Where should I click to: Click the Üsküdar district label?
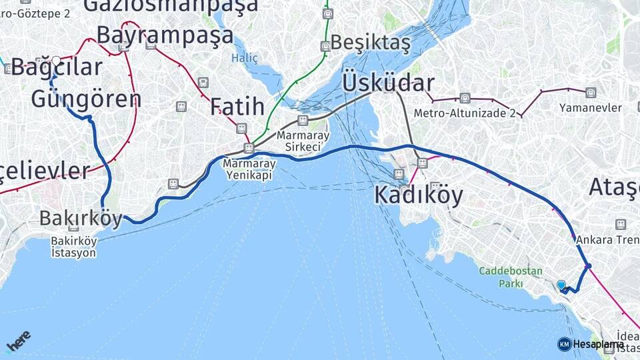388,83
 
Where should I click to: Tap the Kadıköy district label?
418,195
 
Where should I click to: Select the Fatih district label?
237,107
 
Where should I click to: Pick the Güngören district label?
86,99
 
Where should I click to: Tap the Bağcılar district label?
57,67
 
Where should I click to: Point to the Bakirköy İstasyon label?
73,247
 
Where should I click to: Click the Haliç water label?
244,58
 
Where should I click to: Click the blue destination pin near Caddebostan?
561,285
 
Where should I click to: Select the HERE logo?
19,341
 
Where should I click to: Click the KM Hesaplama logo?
591,344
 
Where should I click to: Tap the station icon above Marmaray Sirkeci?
303,121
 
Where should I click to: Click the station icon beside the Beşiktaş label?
325,46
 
